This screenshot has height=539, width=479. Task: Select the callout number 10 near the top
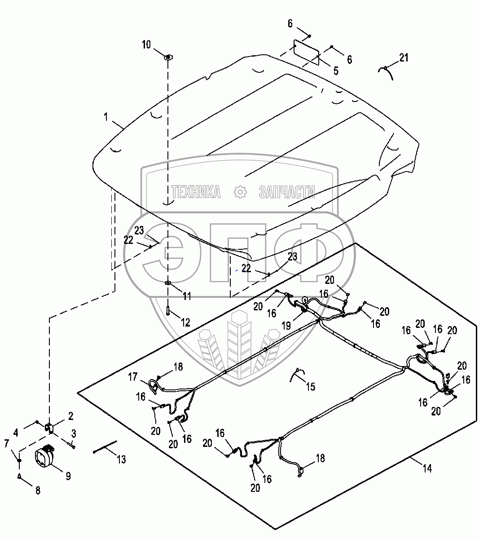(147, 44)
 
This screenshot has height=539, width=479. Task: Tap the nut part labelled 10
(168, 57)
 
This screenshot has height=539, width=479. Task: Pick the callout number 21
(404, 57)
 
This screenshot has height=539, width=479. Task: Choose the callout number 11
(187, 296)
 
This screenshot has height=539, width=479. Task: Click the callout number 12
(185, 322)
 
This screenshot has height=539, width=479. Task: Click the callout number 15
(310, 386)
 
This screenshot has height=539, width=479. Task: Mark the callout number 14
(427, 468)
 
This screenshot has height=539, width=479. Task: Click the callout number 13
(121, 459)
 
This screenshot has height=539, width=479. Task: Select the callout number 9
(68, 476)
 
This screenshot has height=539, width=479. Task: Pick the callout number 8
(37, 490)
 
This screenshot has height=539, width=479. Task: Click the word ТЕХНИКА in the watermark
(196, 192)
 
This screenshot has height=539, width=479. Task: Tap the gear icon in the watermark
(241, 192)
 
